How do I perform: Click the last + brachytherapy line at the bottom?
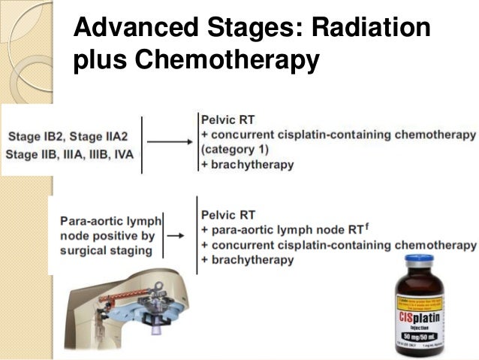(x=247, y=259)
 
